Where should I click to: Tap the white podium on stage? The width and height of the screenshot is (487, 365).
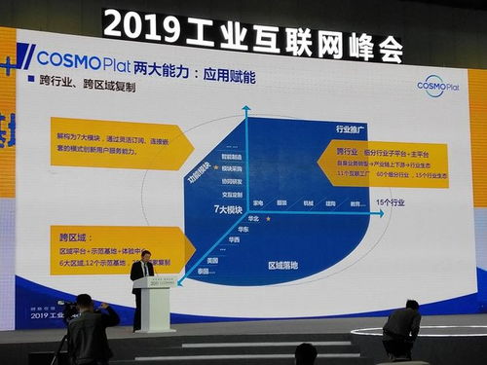[154, 303]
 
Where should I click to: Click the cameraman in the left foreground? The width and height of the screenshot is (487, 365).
[90, 331]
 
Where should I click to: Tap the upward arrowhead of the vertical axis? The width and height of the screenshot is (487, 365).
[246, 110]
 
